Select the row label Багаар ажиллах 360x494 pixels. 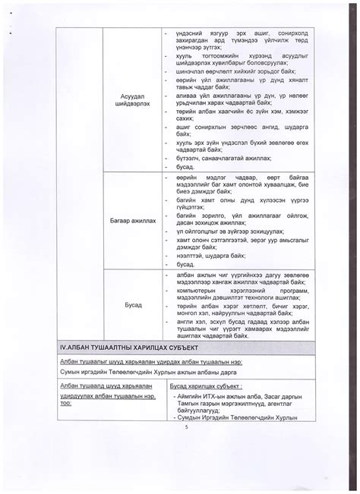tap(131, 221)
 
